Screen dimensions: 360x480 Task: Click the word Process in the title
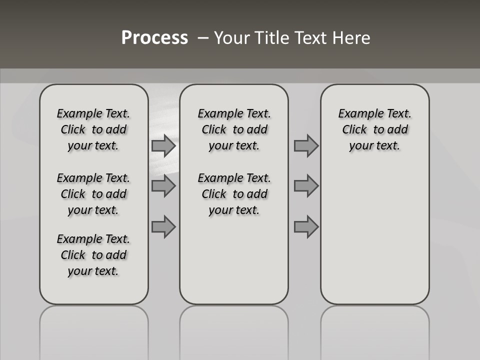click(x=154, y=38)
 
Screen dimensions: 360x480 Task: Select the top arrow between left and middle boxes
click(x=163, y=145)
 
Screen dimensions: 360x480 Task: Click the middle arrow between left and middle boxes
click(x=163, y=186)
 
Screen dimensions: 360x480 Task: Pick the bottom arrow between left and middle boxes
click(x=163, y=226)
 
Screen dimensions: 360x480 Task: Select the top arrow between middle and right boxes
click(x=306, y=145)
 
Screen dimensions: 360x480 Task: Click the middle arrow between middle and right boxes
click(x=306, y=186)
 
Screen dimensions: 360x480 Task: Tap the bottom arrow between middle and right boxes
click(x=306, y=226)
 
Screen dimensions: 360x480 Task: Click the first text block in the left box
click(x=93, y=129)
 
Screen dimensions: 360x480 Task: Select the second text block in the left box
click(x=93, y=194)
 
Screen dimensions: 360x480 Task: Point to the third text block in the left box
click(x=93, y=255)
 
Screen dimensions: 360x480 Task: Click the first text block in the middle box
click(x=234, y=129)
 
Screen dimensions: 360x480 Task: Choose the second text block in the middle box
click(x=234, y=194)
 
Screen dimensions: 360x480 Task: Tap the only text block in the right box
click(x=375, y=129)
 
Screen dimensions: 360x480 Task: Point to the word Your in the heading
click(x=231, y=38)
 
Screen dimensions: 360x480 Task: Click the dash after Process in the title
click(x=203, y=38)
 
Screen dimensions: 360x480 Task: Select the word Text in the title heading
click(x=308, y=38)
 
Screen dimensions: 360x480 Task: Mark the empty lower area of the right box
click(x=375, y=235)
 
